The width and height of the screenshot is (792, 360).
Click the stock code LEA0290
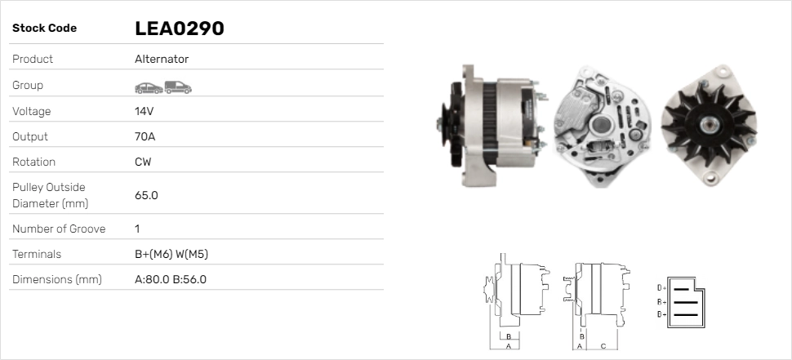tap(179, 29)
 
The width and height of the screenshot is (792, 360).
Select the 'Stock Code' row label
tap(44, 29)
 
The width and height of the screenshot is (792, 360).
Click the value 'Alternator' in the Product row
tap(162, 60)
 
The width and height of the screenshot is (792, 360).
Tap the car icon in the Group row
tap(148, 87)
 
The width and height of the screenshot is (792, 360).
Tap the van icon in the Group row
tap(177, 87)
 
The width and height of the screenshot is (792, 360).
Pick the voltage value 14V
tap(145, 111)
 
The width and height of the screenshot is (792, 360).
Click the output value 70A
tap(145, 136)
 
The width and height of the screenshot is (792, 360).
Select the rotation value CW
tap(143, 162)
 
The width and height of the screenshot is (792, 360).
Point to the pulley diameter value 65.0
tap(146, 195)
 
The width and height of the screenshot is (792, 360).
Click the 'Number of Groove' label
tap(59, 229)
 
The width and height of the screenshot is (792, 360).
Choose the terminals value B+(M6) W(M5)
tap(171, 254)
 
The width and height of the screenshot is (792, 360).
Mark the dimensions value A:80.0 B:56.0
tap(170, 279)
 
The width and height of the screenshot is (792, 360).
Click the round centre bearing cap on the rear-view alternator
tap(602, 124)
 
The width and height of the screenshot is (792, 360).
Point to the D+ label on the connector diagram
tap(661, 287)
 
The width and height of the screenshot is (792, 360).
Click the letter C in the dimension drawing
tap(603, 345)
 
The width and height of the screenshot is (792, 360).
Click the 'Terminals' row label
tap(37, 254)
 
